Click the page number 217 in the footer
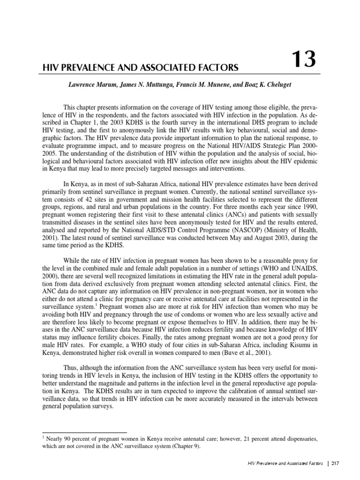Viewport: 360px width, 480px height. coord(335,464)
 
